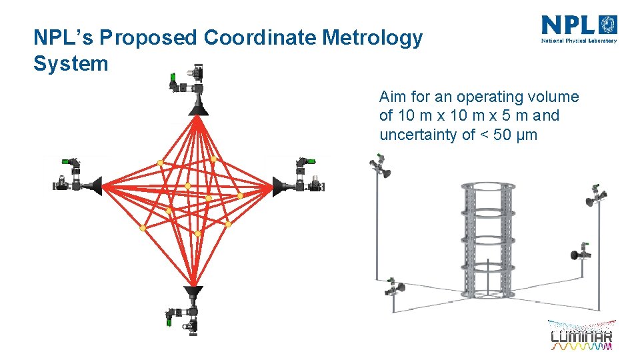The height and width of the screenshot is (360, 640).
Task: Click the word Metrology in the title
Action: point(371,38)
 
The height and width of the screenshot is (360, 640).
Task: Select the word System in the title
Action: point(71,64)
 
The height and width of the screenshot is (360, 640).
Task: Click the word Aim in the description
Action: point(391,97)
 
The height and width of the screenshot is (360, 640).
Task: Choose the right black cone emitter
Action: point(279,185)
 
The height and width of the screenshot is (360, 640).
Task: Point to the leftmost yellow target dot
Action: point(143,228)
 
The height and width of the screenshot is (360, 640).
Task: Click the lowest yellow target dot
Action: point(197,233)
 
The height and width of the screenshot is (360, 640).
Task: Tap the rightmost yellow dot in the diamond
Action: point(240,196)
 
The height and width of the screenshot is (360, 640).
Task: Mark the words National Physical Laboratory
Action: point(579,40)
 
